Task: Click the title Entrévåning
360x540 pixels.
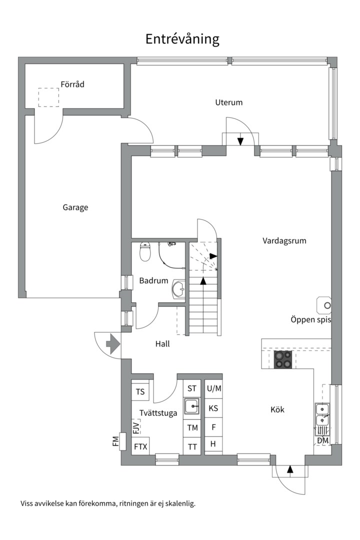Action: [182, 39]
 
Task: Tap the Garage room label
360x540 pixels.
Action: [75, 207]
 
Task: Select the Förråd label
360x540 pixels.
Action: [72, 84]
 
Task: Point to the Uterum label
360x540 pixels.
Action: [228, 102]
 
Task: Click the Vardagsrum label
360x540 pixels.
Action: [284, 240]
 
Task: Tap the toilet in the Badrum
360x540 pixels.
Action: [145, 251]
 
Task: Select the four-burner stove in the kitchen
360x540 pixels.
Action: [283, 359]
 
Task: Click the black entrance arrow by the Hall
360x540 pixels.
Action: [112, 343]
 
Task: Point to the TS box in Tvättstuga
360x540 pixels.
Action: [140, 392]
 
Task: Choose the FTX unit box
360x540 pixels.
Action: [140, 446]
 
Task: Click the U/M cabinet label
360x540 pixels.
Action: [214, 389]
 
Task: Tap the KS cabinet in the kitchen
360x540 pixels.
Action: [213, 408]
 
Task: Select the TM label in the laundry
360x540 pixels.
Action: [192, 427]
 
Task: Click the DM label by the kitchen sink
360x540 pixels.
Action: [323, 440]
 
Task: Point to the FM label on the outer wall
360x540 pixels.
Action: [115, 441]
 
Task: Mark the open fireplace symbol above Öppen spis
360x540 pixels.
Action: [324, 305]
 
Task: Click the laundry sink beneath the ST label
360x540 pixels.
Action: [192, 406]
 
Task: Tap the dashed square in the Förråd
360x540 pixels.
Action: [48, 97]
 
